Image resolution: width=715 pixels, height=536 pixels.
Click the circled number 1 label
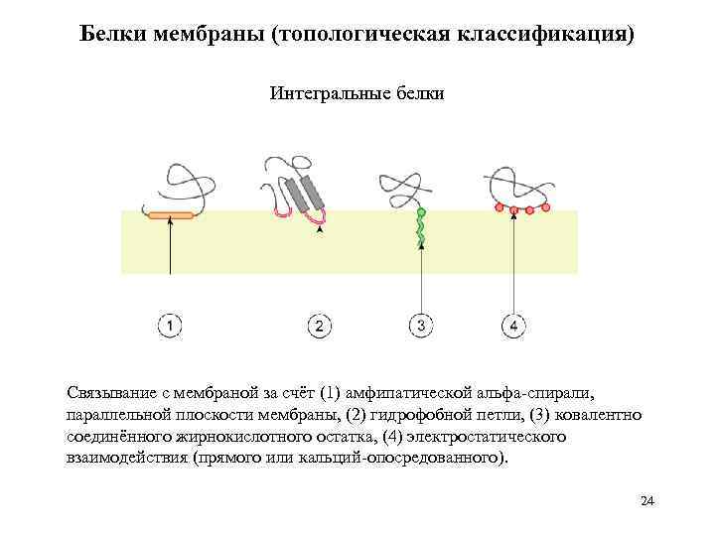tap(170, 326)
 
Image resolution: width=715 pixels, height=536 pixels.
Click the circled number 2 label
tap(319, 326)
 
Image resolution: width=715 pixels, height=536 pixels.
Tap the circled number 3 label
tap(421, 326)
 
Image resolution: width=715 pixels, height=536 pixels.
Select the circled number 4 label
tap(513, 326)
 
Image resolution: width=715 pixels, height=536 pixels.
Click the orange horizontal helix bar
tap(171, 215)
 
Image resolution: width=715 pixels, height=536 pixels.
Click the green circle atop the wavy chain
tap(421, 212)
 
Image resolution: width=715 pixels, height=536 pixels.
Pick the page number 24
tap(647, 500)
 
